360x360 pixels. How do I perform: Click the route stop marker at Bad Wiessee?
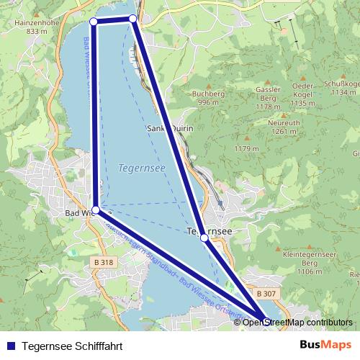[x=96, y=210]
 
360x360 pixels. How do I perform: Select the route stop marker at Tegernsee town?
[x=204, y=237]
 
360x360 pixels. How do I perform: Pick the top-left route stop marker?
[x=94, y=22]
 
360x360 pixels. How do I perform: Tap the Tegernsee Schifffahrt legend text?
[x=73, y=345]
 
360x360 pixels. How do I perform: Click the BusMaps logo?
[x=325, y=344]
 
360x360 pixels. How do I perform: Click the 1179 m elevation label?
[x=246, y=149]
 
